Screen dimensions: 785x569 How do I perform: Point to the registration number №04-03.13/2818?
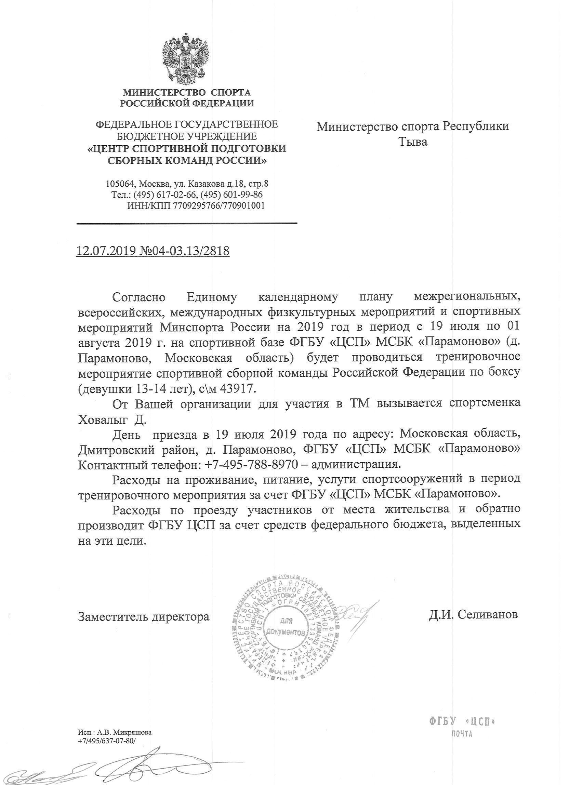tap(183, 251)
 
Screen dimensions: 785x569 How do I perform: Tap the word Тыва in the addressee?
tap(413, 142)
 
